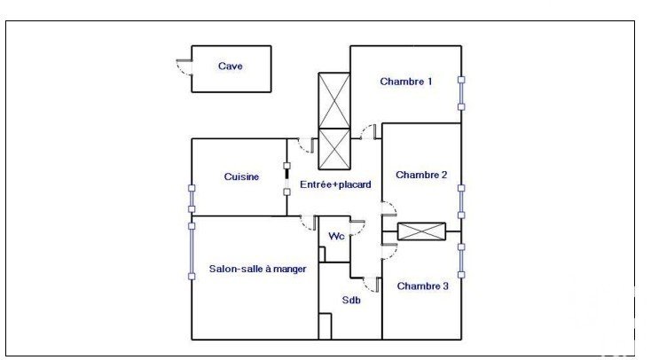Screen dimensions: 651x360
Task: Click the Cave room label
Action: point(230,66)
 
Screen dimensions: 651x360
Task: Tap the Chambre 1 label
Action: point(405,82)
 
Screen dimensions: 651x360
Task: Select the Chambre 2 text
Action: point(421,175)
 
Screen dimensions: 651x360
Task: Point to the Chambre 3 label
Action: point(423,286)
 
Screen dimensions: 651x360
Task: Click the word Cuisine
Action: point(241,176)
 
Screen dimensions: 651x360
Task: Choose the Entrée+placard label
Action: point(335,184)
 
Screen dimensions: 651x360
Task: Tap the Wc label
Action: point(336,236)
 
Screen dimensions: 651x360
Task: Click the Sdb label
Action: point(351,300)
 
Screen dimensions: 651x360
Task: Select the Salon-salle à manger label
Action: point(257,269)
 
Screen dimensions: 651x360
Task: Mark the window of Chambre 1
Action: point(461,93)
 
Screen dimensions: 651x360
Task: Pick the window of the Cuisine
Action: point(192,199)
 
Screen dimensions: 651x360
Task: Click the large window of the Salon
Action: point(192,251)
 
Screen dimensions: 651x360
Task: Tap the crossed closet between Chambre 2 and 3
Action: point(421,231)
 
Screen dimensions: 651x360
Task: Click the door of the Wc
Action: point(357,228)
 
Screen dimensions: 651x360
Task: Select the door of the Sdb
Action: point(372,285)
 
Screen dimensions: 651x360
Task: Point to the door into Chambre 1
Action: point(369,132)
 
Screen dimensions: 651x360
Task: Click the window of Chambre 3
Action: point(461,261)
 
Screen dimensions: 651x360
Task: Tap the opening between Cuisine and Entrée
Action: point(286,179)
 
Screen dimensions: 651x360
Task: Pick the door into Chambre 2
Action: point(389,209)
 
